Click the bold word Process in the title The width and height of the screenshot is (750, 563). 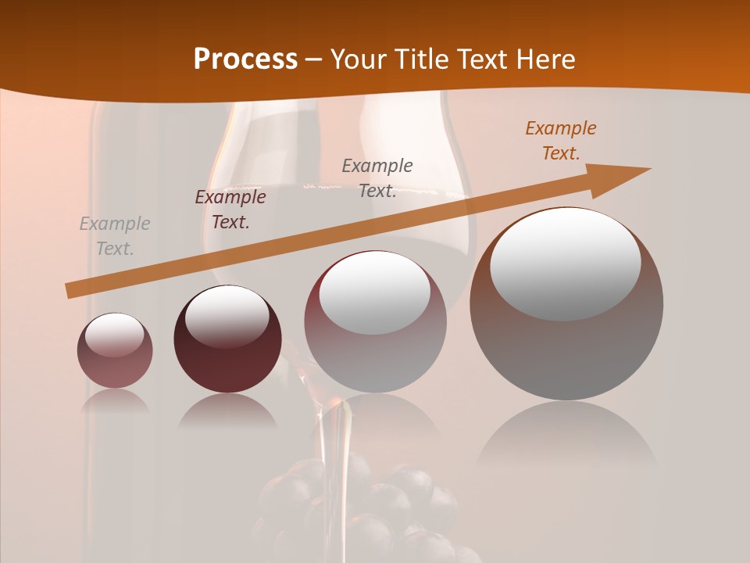coord(245,59)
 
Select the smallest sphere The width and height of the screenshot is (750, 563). coord(115,350)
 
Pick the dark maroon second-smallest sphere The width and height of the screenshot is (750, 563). coord(227,339)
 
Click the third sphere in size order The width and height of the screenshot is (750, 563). coord(375,322)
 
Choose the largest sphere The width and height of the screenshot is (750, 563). coord(566,303)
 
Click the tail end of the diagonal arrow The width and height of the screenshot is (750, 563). coord(72,290)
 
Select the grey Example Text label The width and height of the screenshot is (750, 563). coord(115,236)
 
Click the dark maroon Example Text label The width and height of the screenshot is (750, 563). coord(230,210)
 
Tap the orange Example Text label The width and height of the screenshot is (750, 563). coord(561,141)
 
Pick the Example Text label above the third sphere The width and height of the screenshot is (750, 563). coord(377,178)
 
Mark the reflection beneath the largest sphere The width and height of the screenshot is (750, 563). coord(566,442)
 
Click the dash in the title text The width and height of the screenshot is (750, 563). coord(314,60)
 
